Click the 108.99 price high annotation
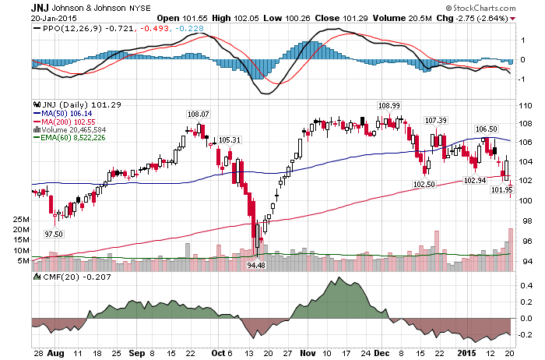[389, 105]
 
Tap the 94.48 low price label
[256, 265]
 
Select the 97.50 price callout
[54, 234]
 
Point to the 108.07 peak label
[198, 114]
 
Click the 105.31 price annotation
[230, 139]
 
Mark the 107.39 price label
[436, 120]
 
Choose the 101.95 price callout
[501, 189]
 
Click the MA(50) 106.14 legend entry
[62, 114]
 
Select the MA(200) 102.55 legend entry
[64, 122]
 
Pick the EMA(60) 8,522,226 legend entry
[69, 138]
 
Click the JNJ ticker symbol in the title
[40, 8]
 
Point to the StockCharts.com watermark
[481, 8]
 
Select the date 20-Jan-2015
[54, 19]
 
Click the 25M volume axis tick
[21, 220]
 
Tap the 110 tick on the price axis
[525, 106]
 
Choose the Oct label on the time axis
[218, 354]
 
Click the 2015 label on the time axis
[466, 354]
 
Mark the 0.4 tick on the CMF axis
[527, 285]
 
